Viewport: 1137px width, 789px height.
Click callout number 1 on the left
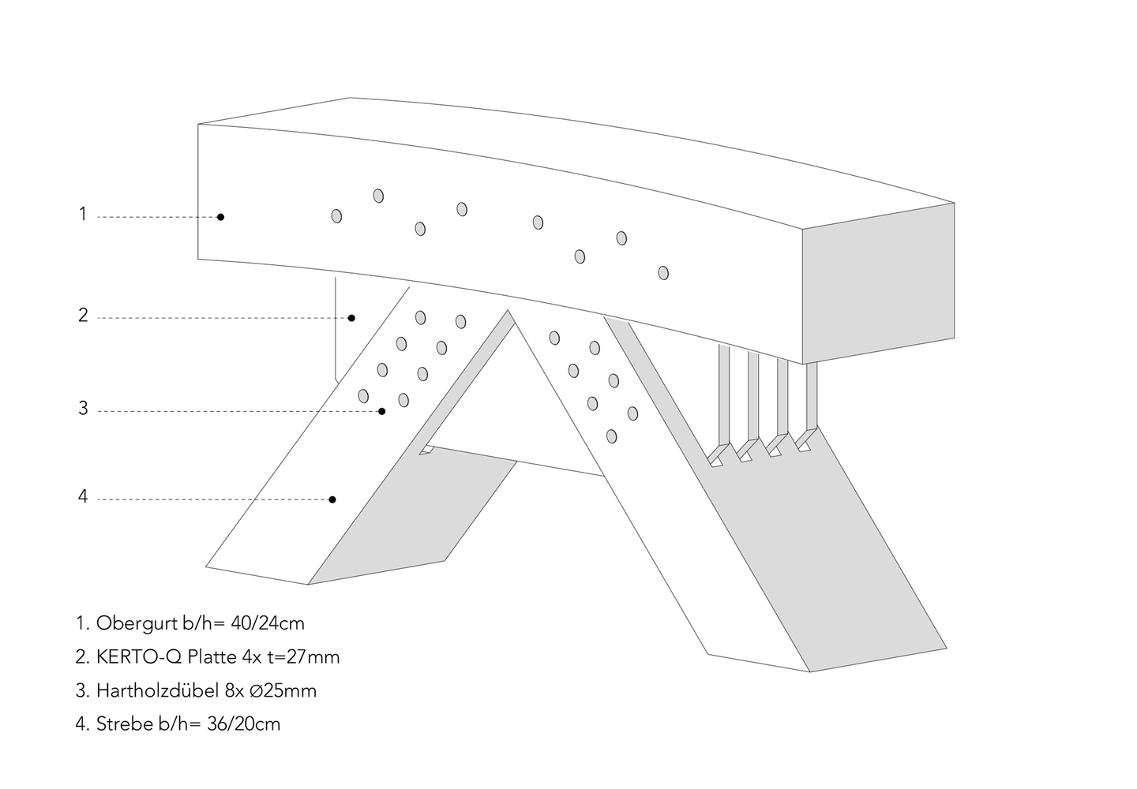(x=82, y=214)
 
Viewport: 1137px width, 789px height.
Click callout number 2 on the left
(x=83, y=316)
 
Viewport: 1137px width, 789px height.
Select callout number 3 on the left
(x=83, y=409)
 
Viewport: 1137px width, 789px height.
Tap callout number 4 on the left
(x=83, y=497)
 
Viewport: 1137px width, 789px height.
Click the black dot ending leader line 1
(x=221, y=217)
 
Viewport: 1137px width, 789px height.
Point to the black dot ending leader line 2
(x=352, y=318)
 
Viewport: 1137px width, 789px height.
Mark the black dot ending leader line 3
(x=382, y=411)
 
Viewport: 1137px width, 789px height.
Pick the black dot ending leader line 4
(x=332, y=499)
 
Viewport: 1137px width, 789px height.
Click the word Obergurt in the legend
(x=129, y=623)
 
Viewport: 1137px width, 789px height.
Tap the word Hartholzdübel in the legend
(x=148, y=690)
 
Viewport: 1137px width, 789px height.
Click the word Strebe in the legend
(x=120, y=724)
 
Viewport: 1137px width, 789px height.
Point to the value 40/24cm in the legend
(x=268, y=623)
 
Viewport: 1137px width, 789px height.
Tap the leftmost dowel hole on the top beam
(x=337, y=215)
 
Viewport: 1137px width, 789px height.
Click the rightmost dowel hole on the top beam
(x=663, y=272)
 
